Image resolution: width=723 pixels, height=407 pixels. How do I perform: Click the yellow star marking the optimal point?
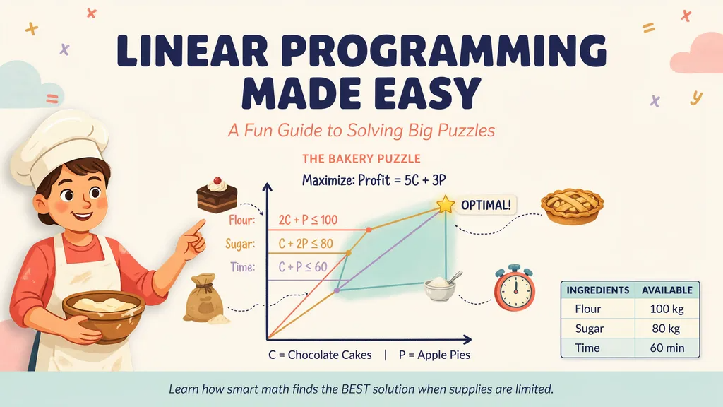[446, 204]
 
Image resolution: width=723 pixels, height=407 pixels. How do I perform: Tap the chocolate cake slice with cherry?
[217, 195]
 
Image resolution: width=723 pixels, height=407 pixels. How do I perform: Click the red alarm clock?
[515, 288]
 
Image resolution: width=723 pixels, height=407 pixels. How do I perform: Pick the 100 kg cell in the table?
[667, 309]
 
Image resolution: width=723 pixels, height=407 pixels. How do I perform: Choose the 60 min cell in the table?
[667, 348]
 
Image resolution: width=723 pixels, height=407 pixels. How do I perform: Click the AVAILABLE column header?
[667, 290]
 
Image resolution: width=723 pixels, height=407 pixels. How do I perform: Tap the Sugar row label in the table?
[590, 329]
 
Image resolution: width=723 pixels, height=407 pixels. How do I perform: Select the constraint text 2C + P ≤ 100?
[308, 220]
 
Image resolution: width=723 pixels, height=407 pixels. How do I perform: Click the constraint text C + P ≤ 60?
[302, 266]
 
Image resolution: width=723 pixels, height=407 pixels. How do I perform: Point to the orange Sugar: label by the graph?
[240, 244]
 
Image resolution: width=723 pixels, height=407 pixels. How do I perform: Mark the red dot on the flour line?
[369, 230]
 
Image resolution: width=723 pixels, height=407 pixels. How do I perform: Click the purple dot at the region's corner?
[337, 290]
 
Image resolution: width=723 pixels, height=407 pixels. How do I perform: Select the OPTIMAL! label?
[486, 205]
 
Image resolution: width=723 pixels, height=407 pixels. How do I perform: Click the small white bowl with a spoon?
[442, 286]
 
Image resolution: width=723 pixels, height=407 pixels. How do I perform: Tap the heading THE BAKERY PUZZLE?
[361, 159]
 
